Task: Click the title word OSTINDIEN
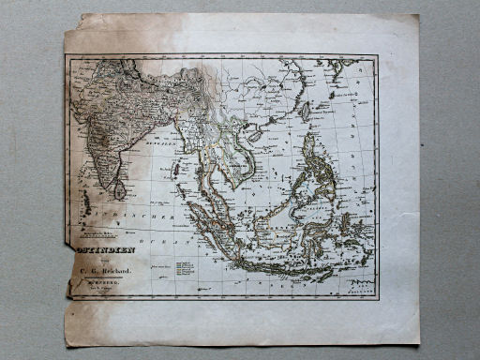point(103,250)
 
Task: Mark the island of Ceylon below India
point(120,189)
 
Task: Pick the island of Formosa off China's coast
point(306,111)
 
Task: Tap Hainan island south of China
point(252,135)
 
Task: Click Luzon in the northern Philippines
point(309,150)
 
